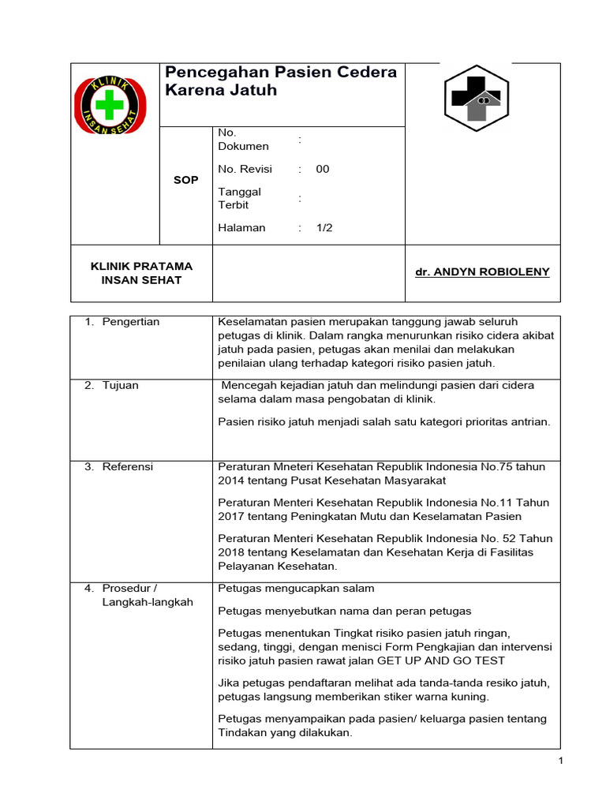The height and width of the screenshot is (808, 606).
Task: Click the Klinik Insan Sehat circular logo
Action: [x=110, y=105]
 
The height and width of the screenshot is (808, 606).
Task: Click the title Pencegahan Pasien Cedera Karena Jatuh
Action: [x=280, y=81]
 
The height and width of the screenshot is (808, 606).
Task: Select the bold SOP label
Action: [x=185, y=180]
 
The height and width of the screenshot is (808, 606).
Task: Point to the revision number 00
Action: [x=323, y=169]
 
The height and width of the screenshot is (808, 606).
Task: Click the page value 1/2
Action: [x=324, y=228]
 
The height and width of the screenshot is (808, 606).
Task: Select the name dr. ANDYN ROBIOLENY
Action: [x=482, y=272]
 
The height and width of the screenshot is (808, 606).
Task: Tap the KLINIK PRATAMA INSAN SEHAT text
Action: [x=142, y=273]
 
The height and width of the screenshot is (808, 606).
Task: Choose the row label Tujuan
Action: [x=120, y=385]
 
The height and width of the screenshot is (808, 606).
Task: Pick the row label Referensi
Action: [x=127, y=466]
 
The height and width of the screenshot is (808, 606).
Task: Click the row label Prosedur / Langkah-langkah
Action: [x=147, y=595]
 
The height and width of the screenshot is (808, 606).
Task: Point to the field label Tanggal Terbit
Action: [x=239, y=198]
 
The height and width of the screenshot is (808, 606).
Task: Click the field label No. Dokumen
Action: [x=243, y=140]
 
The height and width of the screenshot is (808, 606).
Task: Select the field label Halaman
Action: [x=241, y=228]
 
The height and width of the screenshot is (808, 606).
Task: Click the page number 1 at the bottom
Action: [x=560, y=761]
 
